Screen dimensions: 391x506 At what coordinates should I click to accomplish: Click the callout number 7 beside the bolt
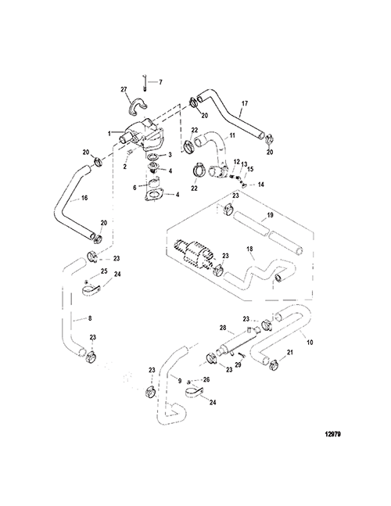(160, 82)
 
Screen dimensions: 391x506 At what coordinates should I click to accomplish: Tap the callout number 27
(124, 89)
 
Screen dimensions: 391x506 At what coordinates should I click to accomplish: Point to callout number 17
(244, 103)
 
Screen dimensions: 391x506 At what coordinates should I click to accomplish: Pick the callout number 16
(84, 198)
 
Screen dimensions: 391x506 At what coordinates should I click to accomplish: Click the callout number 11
(232, 135)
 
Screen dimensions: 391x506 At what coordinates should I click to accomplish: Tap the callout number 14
(260, 185)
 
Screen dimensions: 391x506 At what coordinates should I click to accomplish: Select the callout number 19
(270, 214)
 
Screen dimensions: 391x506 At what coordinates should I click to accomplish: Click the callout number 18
(249, 249)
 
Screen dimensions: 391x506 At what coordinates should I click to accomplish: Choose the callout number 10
(310, 343)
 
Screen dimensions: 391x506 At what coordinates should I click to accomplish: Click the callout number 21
(290, 353)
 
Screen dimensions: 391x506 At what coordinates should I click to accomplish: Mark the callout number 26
(206, 379)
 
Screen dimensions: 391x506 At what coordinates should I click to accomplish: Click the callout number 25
(104, 271)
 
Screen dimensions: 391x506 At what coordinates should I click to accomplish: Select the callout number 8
(90, 318)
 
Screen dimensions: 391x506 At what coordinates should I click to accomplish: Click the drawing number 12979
(333, 434)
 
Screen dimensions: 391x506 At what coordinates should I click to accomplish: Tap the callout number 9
(180, 380)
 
